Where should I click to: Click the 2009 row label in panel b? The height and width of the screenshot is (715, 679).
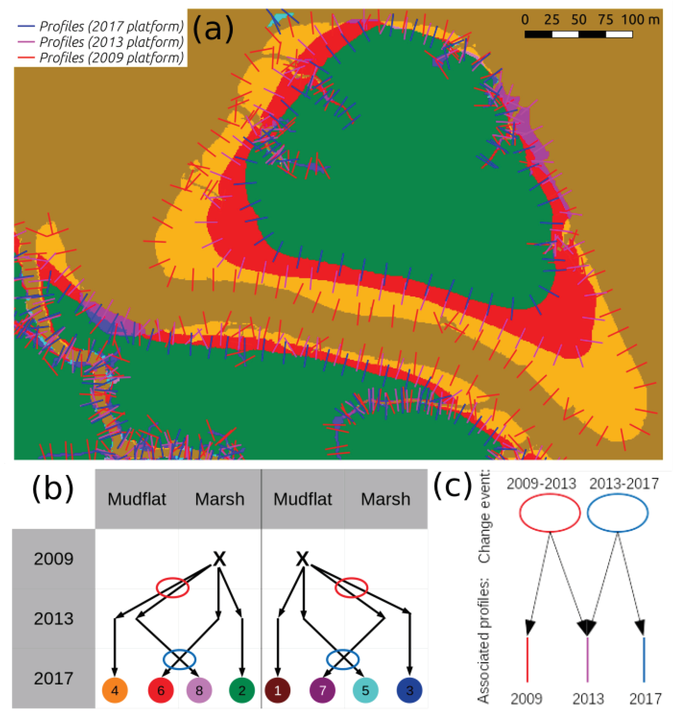[x=54, y=559]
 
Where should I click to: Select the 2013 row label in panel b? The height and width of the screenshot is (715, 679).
[x=54, y=619]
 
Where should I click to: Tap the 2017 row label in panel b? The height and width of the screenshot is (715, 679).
[x=54, y=678]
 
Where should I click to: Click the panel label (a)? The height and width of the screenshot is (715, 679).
[x=213, y=29]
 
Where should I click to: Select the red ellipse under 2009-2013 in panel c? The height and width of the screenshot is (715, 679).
[x=550, y=513]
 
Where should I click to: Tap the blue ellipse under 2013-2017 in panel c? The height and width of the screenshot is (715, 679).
[x=617, y=513]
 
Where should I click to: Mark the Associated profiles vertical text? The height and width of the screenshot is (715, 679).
[x=484, y=641]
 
